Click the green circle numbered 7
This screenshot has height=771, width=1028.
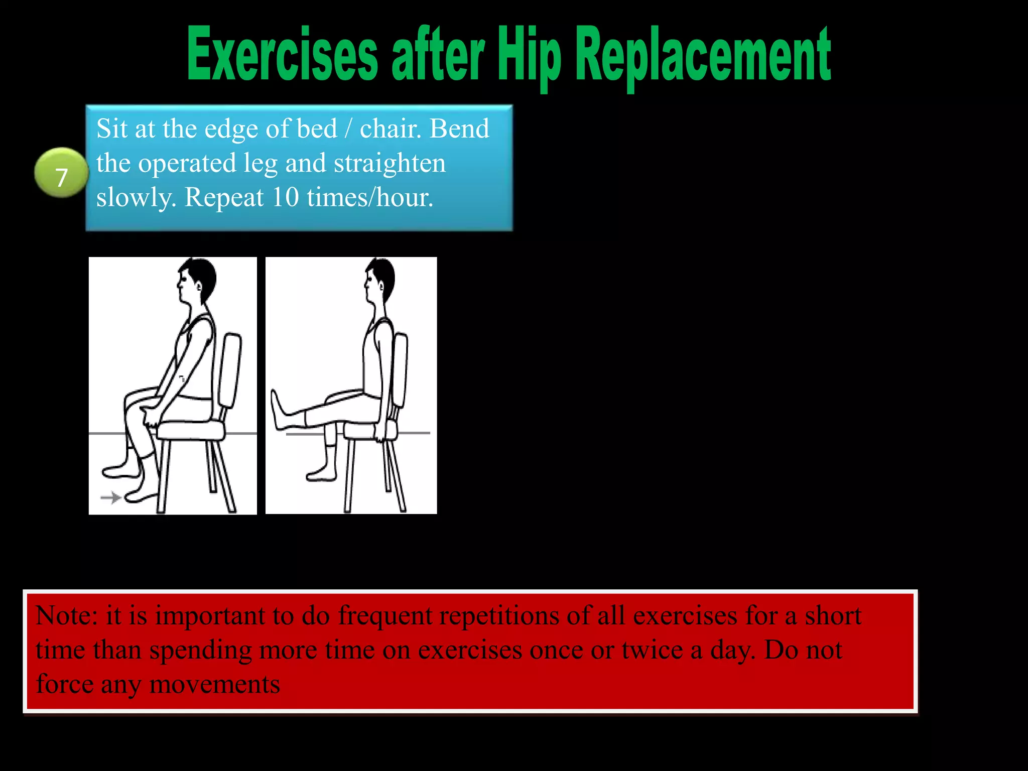coord(61,173)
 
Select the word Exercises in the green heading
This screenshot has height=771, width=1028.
coord(282,55)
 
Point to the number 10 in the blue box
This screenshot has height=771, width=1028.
coord(285,197)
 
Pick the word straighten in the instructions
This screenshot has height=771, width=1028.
coord(390,164)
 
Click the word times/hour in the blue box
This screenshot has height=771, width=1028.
coord(370,197)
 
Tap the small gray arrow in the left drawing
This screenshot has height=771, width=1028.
coord(111,497)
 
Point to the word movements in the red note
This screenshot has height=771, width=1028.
coord(215,684)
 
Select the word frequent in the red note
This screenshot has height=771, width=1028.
coord(385,615)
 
